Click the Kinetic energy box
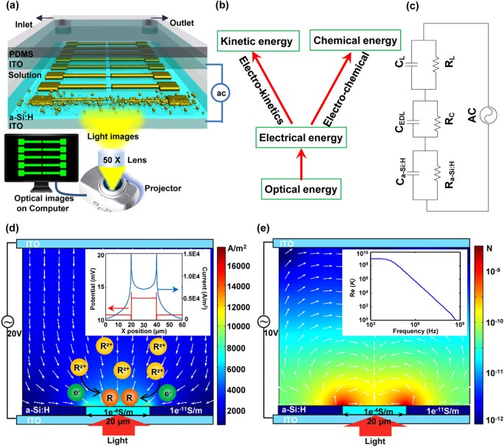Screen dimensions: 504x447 258,40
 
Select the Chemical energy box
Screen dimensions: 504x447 355,40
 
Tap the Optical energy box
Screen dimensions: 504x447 301,189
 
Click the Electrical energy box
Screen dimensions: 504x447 301,137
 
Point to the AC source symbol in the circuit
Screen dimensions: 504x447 489,115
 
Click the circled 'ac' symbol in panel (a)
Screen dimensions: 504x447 221,93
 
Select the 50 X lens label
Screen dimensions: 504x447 112,160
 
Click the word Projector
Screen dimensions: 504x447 163,188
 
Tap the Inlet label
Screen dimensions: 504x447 24,24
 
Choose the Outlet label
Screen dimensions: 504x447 182,23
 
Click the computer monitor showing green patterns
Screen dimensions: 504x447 41,158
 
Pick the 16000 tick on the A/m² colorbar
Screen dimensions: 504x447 238,266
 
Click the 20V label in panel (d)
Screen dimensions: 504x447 14,334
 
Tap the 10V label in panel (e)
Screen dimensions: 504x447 271,333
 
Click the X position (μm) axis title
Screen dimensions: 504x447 143,331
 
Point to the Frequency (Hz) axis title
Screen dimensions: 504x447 415,331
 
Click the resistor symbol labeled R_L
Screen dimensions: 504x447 436,65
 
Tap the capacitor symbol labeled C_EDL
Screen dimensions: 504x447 413,122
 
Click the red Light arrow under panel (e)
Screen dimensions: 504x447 375,425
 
